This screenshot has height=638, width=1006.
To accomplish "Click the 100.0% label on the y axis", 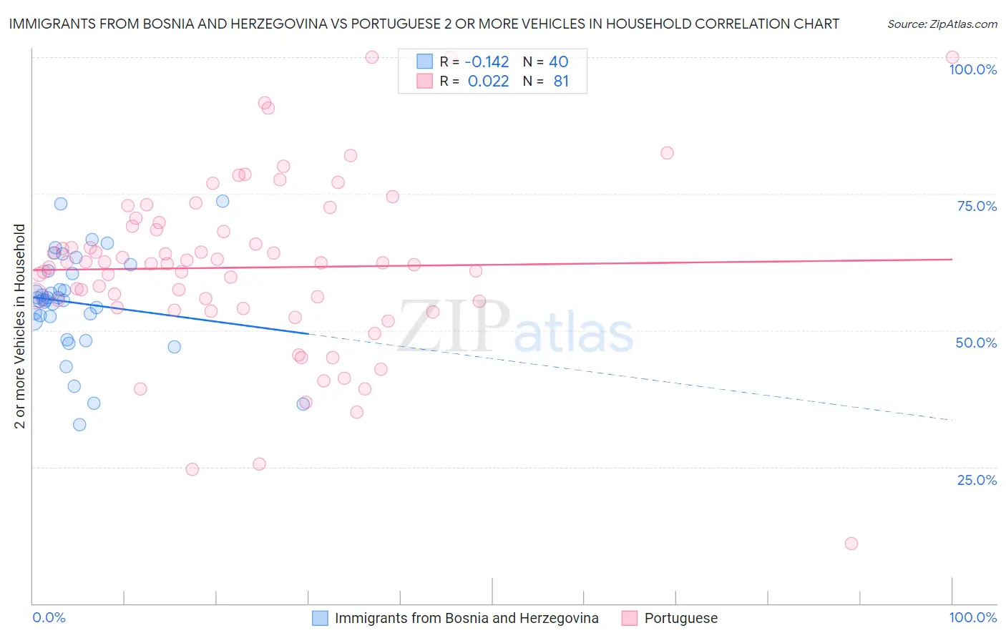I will (x=972, y=69).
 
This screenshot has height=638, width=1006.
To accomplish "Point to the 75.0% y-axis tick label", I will (x=977, y=206).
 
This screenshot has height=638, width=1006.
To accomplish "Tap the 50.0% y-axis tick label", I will (x=976, y=343).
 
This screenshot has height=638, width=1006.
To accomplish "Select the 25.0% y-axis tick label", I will (x=977, y=480).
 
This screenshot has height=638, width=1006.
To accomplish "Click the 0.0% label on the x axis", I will (x=49, y=617).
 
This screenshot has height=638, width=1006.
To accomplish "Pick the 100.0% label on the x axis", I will (x=972, y=617).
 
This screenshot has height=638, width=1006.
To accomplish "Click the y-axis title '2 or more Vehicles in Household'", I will (x=20, y=326).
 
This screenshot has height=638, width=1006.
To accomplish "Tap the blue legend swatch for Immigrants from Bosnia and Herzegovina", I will (x=320, y=618).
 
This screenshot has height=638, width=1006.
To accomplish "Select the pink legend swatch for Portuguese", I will (x=630, y=618).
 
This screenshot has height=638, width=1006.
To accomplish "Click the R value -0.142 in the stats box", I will (x=487, y=62).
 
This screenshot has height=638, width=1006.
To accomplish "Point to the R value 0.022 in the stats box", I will (x=488, y=82).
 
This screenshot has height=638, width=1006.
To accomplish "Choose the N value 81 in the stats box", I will (x=561, y=82).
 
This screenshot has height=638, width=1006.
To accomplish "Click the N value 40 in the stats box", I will (x=558, y=62).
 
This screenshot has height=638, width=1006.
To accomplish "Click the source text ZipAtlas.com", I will (x=942, y=24).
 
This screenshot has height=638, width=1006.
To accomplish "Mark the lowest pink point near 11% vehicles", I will (x=851, y=544).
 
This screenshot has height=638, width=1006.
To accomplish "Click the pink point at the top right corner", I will (x=952, y=57).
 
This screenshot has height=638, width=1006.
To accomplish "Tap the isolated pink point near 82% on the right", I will (x=667, y=153).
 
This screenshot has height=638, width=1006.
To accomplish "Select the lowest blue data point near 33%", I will (x=79, y=425).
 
